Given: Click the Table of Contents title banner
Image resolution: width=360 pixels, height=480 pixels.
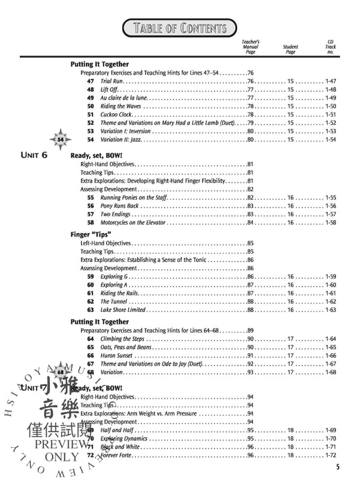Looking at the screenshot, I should pos(179,27).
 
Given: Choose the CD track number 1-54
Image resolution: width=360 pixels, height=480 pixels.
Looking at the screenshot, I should pos(331,140).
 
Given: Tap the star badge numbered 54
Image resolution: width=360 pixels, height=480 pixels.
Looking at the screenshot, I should pos(61,140).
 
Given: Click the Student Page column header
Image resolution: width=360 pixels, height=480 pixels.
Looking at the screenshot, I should pos(290,49).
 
